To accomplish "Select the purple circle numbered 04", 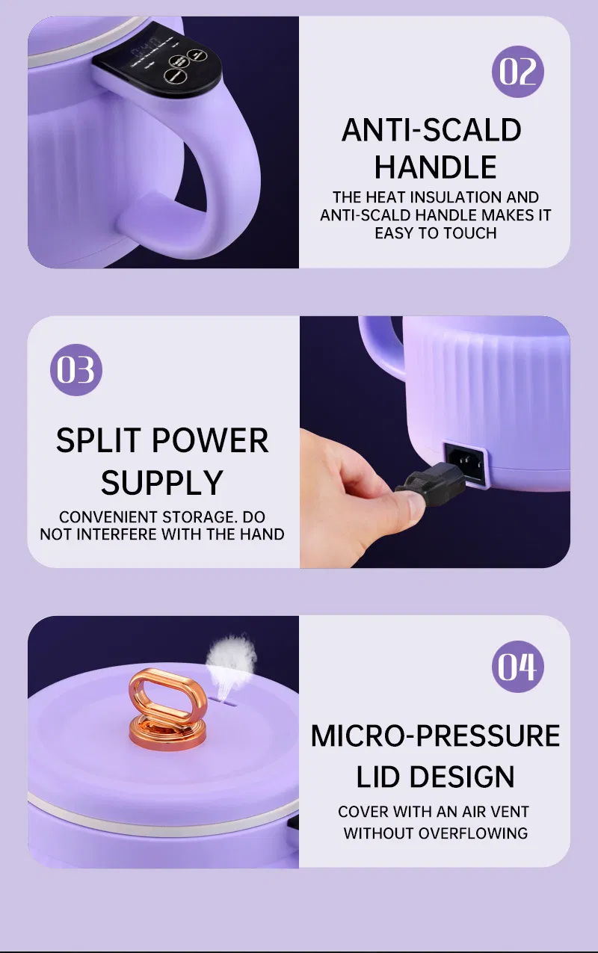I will pos(517,666).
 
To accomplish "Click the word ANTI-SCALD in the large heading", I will pos(431,131).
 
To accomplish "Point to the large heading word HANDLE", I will pos(435,167).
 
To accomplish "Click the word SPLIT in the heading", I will pos(99,441).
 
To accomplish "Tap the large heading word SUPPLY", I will pos(162,483).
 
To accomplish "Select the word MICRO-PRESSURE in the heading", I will pos(435,736).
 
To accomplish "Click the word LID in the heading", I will pos(378,777).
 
